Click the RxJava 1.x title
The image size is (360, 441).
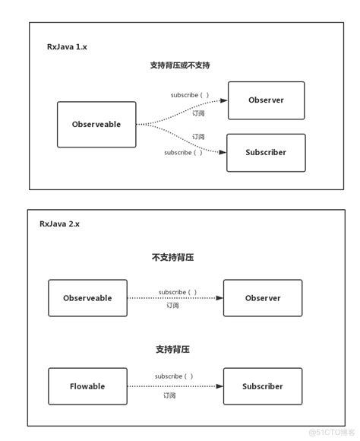(67, 46)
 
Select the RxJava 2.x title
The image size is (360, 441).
(59, 224)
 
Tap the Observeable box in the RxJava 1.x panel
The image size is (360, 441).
(96, 124)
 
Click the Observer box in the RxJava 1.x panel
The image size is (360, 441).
(266, 100)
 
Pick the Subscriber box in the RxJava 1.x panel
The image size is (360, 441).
(266, 153)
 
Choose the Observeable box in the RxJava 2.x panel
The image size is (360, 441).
(87, 298)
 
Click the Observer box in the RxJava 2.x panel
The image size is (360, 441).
(263, 298)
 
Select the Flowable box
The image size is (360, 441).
(87, 386)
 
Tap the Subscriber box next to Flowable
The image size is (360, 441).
(263, 386)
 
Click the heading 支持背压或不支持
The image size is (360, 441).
(180, 65)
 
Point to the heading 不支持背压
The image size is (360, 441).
(172, 257)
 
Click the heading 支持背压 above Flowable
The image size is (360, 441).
(172, 349)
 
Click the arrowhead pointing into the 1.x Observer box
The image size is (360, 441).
(224, 100)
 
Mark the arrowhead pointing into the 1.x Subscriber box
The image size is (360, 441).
(223, 152)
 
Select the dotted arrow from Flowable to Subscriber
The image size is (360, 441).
(175, 386)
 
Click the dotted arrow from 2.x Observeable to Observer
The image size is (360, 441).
(175, 298)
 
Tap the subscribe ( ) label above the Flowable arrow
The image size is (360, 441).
(174, 376)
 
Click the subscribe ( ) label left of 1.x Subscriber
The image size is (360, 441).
(183, 152)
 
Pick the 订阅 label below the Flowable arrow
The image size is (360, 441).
(169, 395)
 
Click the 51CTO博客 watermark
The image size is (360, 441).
(332, 432)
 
